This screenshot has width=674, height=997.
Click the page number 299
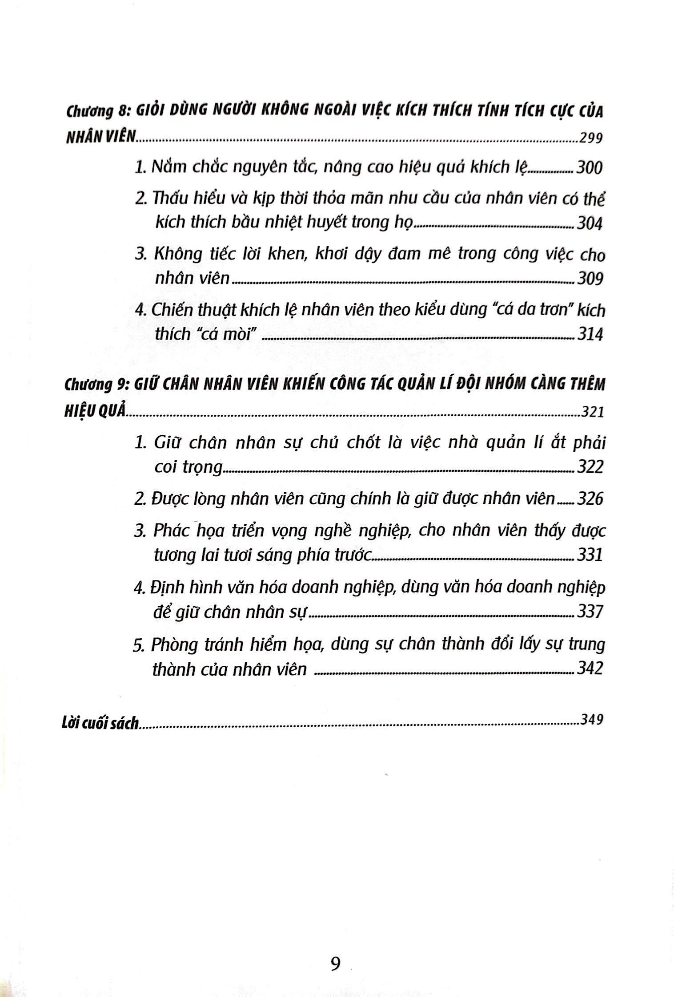click(x=591, y=138)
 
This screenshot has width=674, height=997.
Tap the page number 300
click(x=590, y=168)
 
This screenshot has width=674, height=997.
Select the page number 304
click(x=590, y=223)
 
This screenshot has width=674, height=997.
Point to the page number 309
click(x=590, y=279)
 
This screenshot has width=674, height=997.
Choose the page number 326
click(x=590, y=499)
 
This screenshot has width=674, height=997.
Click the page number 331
click(x=590, y=555)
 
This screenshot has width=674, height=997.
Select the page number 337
click(x=590, y=612)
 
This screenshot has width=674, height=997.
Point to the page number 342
click(x=590, y=668)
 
